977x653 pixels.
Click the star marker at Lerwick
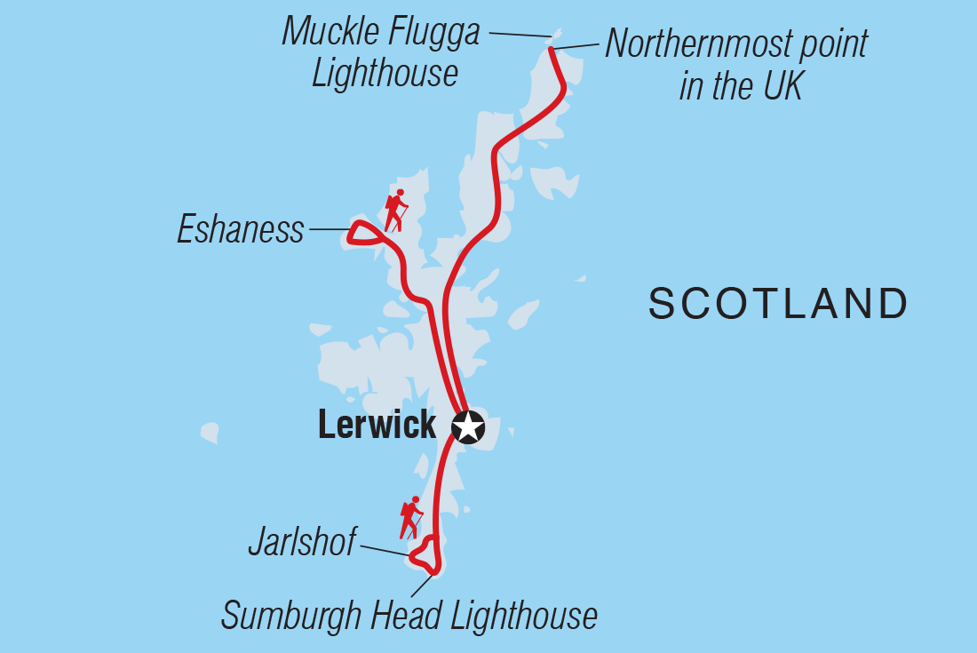(468, 427)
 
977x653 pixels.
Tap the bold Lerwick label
(377, 426)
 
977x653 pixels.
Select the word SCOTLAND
(778, 304)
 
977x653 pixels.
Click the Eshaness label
(241, 230)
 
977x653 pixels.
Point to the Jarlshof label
(302, 542)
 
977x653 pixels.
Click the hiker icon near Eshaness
(395, 211)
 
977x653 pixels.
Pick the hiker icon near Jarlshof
(410, 518)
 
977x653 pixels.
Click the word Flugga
(431, 33)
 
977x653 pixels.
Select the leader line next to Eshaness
(329, 230)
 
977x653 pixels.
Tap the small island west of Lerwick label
(210, 433)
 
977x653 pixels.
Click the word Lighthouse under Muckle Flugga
(385, 73)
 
